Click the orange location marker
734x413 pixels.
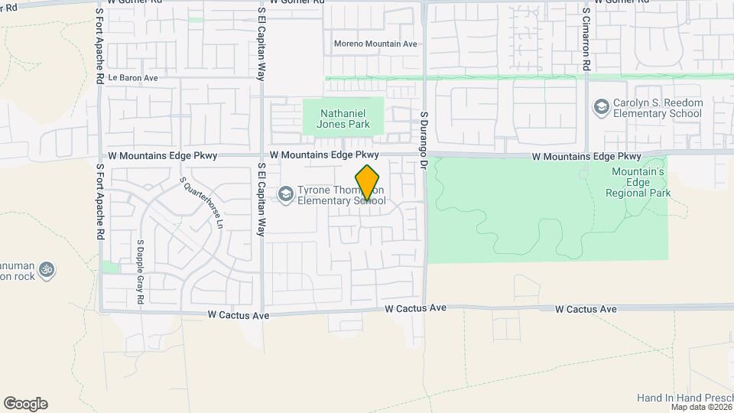368,183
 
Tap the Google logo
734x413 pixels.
25,404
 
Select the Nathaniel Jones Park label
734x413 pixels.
343,119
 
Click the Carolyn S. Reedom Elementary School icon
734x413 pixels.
602,106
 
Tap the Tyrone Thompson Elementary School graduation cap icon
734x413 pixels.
286,194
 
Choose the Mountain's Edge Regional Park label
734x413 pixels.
637,183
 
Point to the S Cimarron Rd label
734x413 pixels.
586,41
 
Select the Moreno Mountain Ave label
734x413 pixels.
375,44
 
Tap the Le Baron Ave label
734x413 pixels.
133,78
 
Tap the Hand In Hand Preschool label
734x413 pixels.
684,398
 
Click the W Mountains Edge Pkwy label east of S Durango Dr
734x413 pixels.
586,156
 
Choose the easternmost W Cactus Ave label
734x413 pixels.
586,309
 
